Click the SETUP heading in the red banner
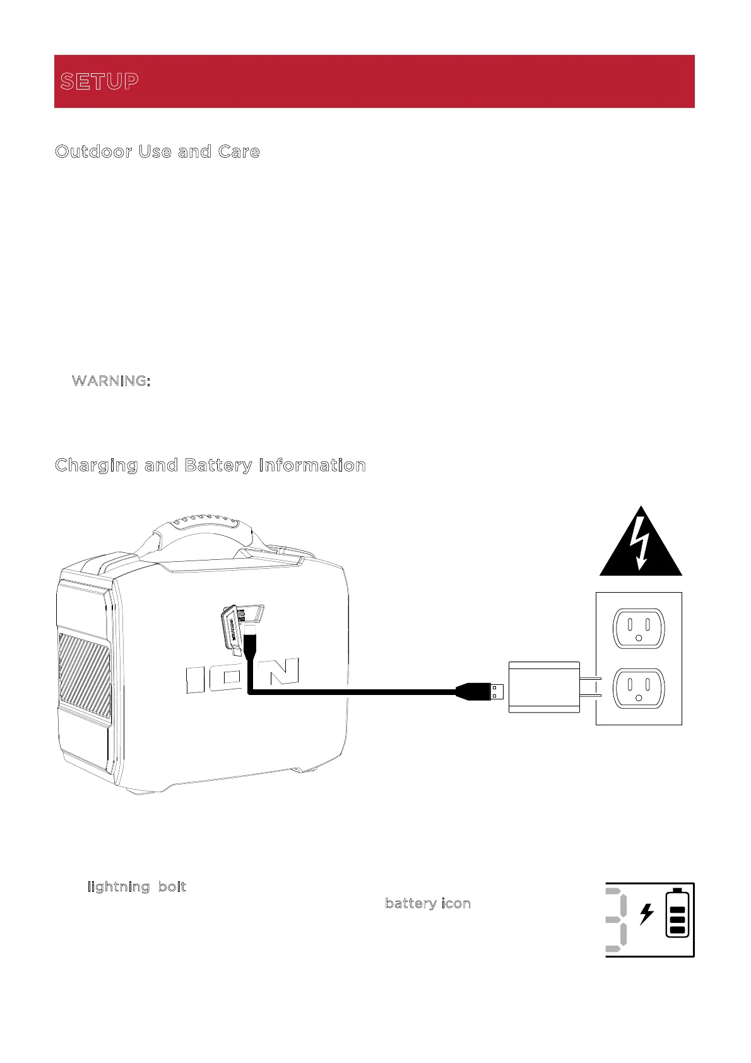(100, 81)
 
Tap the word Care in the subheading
(239, 152)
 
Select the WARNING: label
(111, 381)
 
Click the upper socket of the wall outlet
(639, 627)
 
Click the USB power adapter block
(544, 687)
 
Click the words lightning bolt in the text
(137, 887)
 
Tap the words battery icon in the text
(428, 904)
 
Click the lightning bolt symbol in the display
(646, 914)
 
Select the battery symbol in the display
(678, 913)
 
